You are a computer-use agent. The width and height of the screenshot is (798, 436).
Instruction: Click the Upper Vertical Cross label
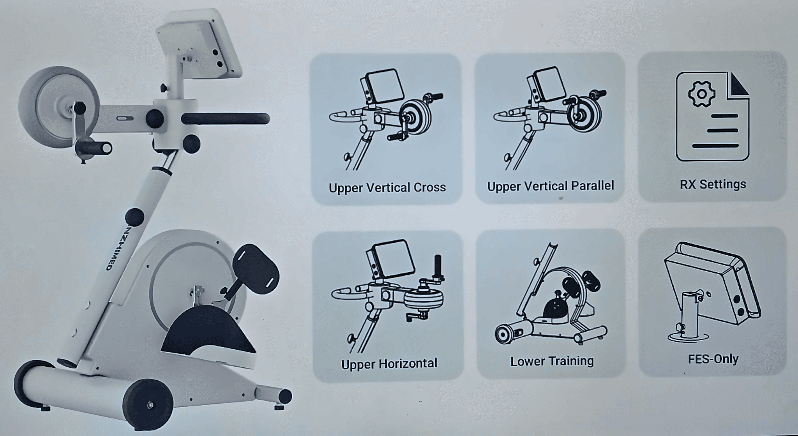coord(387,188)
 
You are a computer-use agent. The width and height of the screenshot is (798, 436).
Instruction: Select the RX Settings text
coord(713,184)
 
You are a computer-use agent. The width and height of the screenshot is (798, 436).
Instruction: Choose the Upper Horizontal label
coord(389,364)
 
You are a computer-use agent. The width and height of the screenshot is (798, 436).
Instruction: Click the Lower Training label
coord(552,361)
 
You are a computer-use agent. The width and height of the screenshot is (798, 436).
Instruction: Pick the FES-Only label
coord(713,358)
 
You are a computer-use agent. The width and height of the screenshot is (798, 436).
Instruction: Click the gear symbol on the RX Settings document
coord(701,94)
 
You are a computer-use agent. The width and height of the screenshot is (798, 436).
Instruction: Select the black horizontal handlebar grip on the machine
coord(225,119)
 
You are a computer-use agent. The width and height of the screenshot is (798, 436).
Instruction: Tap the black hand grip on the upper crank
coord(94,148)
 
